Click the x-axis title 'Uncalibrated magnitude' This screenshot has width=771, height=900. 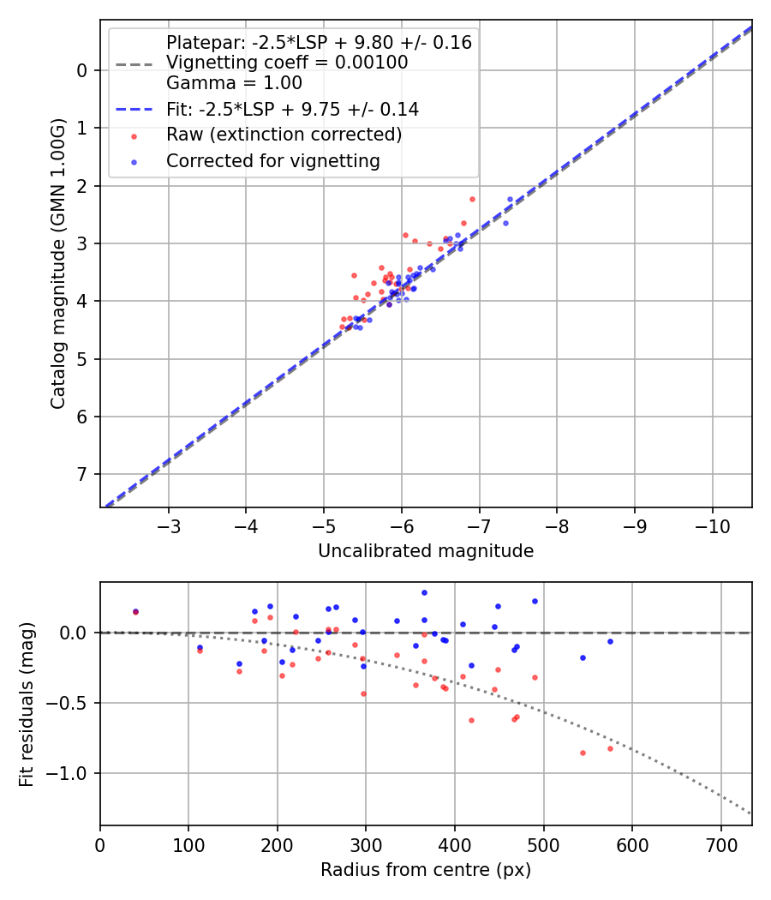coord(426,551)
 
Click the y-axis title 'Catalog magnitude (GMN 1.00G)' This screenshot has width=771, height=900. coord(57,263)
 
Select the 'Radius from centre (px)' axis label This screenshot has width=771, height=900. coord(426,870)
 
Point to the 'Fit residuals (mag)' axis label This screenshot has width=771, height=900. coord(27,705)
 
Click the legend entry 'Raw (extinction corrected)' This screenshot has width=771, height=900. coord(284,135)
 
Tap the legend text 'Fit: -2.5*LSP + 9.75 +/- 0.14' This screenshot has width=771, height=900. coord(292,109)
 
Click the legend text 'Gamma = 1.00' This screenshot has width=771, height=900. coord(234,83)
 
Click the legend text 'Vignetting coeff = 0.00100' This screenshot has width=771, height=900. coord(287,63)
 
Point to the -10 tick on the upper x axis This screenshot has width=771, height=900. coord(712,524)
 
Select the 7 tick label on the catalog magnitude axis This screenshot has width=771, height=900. coord(83,475)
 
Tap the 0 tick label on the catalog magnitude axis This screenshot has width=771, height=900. coord(83,70)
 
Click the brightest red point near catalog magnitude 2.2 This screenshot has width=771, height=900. coord(472,199)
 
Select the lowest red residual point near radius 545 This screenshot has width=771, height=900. coord(583,753)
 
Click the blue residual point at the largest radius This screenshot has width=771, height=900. coord(610,641)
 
